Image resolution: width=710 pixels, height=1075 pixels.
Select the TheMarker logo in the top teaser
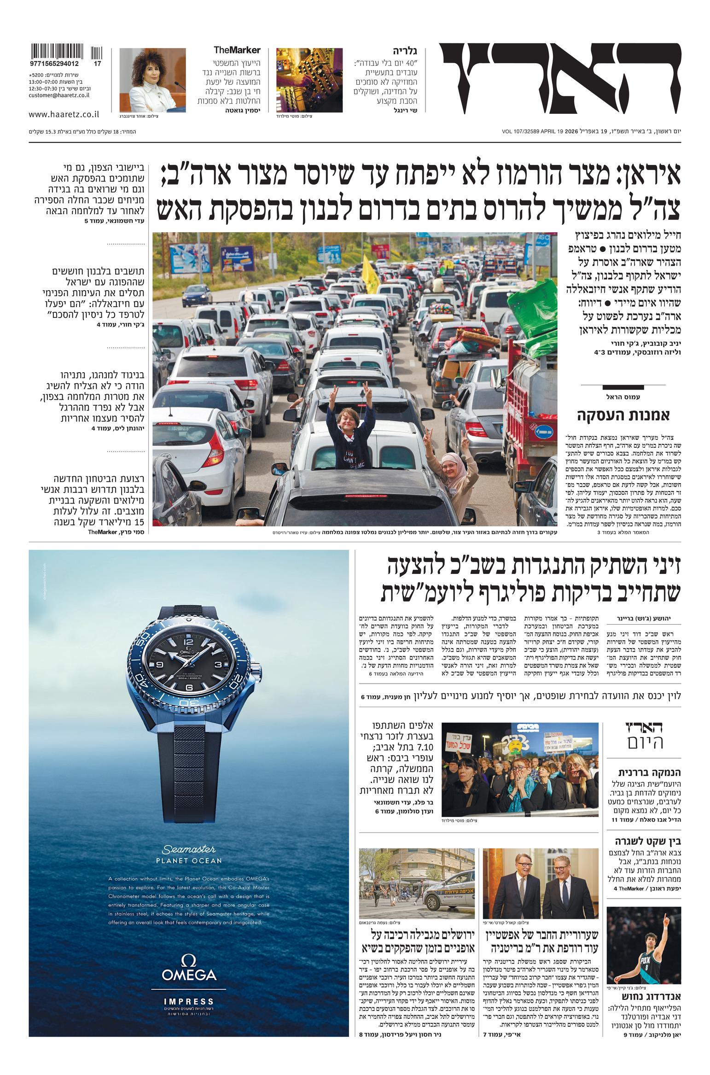[x=237, y=50]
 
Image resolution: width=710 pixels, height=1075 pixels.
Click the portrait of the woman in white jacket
[x=152, y=80]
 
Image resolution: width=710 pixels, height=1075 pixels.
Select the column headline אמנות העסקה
[x=623, y=415]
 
